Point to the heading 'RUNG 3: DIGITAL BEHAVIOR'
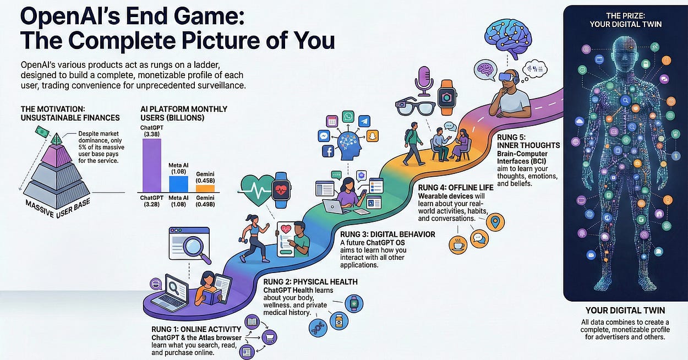tap(387, 234)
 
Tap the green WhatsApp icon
tap(348, 117)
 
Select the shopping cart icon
tap(270, 337)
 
